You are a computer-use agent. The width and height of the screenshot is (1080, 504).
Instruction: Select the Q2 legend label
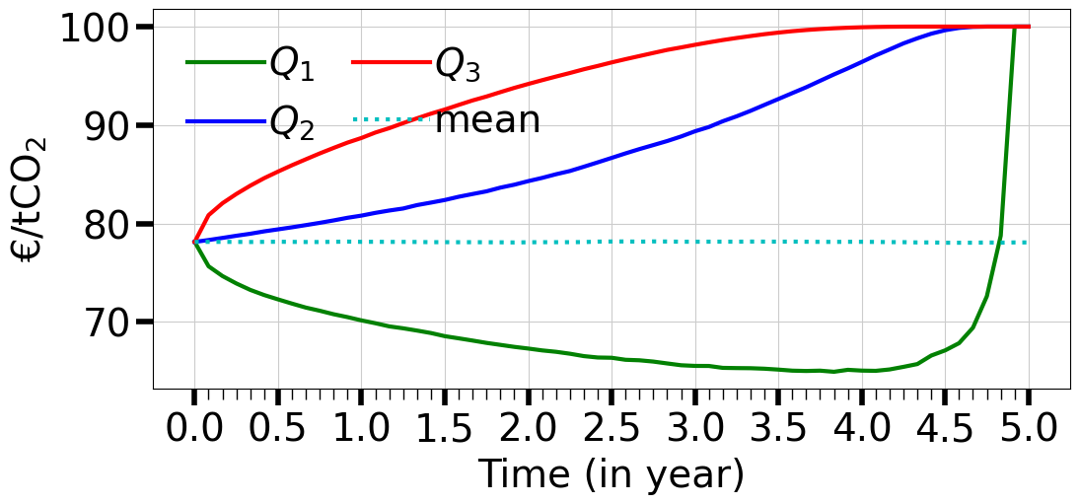tap(291, 122)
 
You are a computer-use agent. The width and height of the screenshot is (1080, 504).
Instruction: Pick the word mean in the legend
tap(487, 120)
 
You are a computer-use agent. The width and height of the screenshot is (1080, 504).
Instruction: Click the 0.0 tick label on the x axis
tap(193, 430)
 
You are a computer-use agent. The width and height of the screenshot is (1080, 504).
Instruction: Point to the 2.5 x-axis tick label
tap(612, 430)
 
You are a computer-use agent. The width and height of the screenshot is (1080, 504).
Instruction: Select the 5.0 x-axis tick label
tap(1029, 430)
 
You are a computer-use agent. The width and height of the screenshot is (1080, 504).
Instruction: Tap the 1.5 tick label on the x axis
tap(444, 430)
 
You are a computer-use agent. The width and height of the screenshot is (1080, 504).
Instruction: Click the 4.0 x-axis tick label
tap(862, 430)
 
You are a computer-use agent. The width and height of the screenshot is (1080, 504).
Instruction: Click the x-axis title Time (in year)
tap(611, 475)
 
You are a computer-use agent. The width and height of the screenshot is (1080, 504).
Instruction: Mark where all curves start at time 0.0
tap(194, 242)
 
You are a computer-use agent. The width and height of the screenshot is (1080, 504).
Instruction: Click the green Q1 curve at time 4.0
tap(862, 370)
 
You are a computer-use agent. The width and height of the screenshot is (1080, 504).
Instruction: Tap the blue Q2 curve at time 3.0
tap(695, 131)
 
